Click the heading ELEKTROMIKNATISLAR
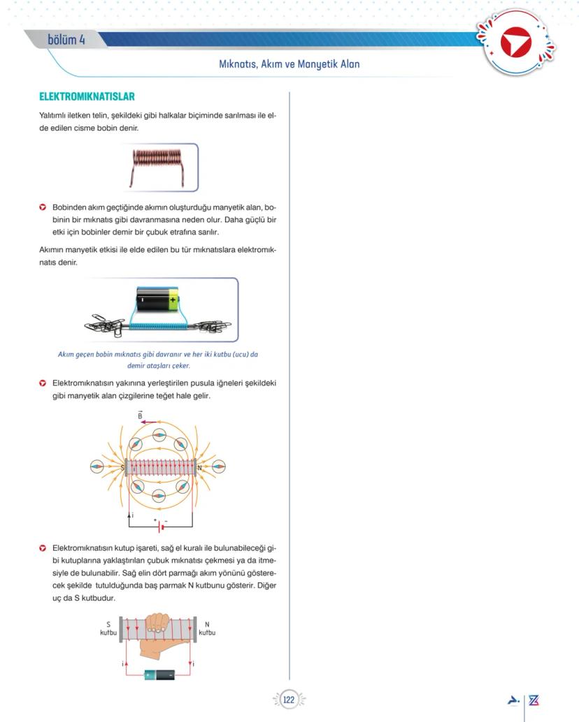coord(87,96)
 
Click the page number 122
coord(289,700)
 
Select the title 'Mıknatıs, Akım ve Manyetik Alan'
coord(289,64)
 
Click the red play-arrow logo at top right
coord(516,43)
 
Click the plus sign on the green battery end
coord(173,300)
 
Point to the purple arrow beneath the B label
coord(148,422)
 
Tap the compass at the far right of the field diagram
coord(219,466)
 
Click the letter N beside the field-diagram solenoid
coord(200,467)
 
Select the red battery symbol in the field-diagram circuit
coord(161,526)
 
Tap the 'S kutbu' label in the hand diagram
coord(108,628)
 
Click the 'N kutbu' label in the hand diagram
coord(207,628)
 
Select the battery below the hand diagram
coord(159,675)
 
